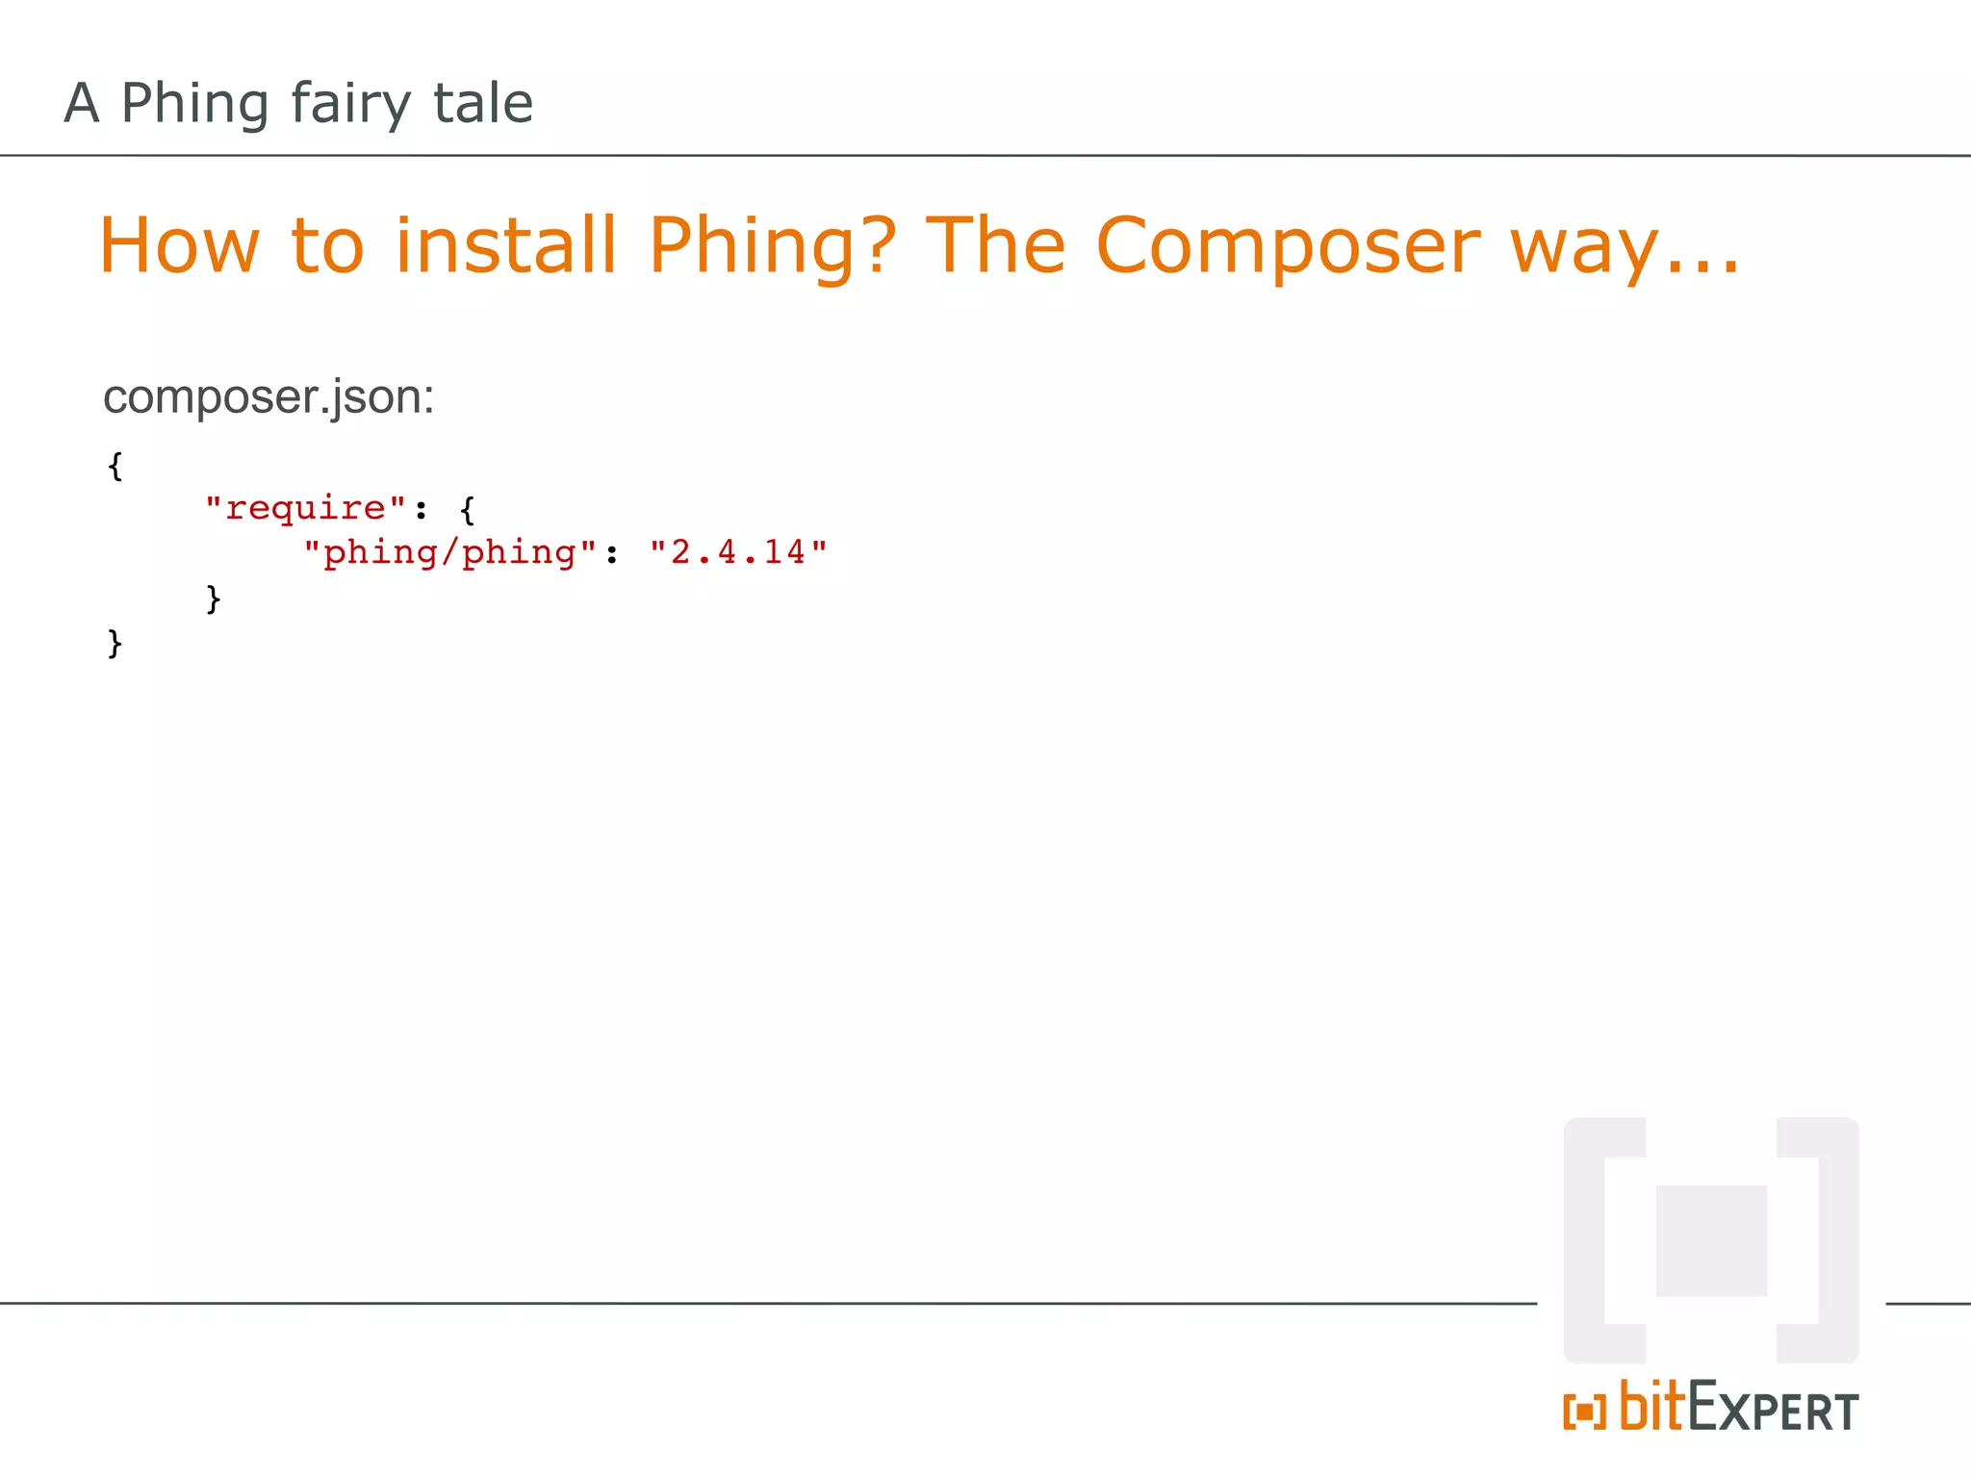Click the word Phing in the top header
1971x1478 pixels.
194,104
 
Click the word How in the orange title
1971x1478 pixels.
180,246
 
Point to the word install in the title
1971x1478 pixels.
505,245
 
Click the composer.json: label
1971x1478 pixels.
269,397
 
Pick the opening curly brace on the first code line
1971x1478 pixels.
115,466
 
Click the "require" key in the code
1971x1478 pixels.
305,507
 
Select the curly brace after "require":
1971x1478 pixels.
468,509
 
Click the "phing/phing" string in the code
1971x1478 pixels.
449,552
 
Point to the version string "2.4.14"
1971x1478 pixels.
738,552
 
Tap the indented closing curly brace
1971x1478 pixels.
214,599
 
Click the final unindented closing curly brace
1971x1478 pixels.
115,643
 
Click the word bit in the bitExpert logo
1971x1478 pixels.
1651,1407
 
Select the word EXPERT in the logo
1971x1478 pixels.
1773,1411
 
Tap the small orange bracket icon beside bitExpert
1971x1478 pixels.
1584,1412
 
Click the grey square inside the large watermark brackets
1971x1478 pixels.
1711,1240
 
